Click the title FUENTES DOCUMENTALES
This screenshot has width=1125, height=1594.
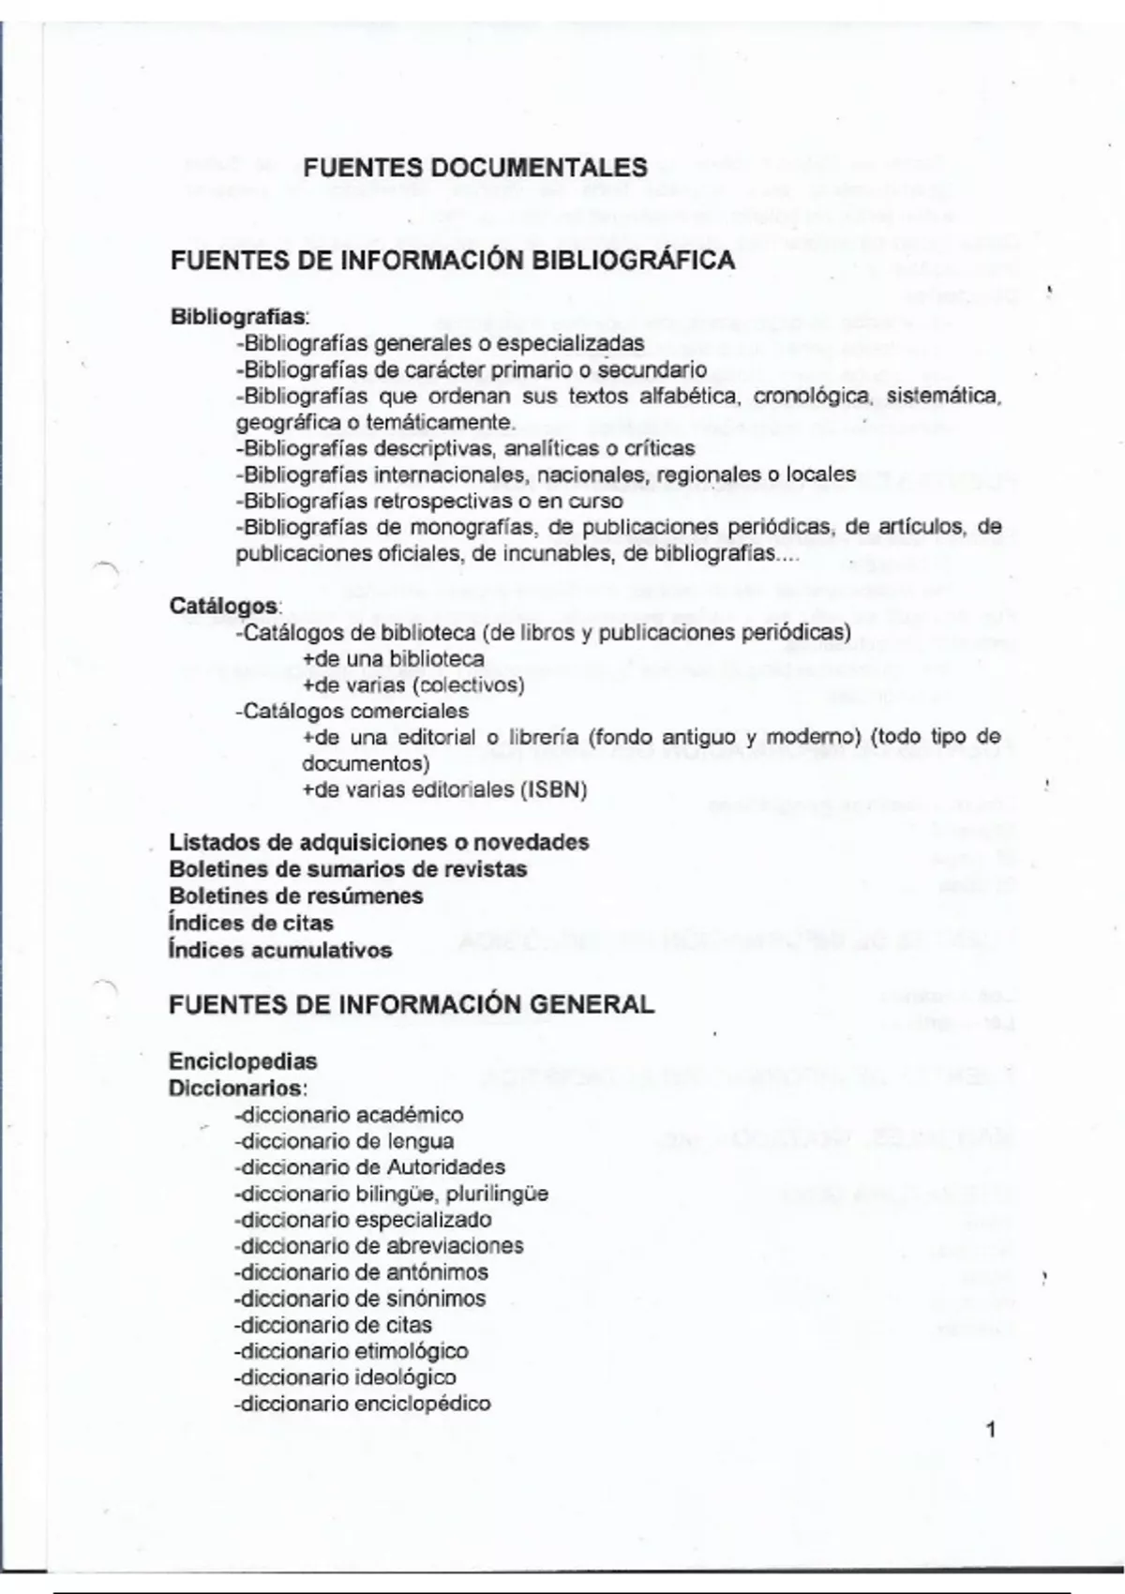(475, 168)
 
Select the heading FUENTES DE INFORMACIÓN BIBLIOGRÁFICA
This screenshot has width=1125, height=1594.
(452, 261)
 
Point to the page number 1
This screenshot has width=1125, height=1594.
(992, 1430)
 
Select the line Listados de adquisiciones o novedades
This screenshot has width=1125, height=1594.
(379, 842)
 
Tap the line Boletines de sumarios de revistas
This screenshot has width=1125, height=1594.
(348, 869)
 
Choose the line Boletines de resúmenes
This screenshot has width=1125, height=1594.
(295, 895)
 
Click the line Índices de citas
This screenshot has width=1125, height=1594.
(238, 923)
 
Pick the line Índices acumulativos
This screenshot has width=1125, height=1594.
(280, 950)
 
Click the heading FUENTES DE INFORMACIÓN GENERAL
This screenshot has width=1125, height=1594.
(412, 1005)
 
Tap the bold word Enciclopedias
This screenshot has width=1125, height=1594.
(243, 1061)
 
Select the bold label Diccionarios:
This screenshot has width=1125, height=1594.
(238, 1089)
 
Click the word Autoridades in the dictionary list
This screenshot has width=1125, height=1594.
(445, 1167)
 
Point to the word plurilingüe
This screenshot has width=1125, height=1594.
(497, 1195)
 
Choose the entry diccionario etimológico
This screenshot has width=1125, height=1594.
(352, 1351)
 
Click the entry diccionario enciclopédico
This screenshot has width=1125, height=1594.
(364, 1404)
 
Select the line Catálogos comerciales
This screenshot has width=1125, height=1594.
(352, 711)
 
